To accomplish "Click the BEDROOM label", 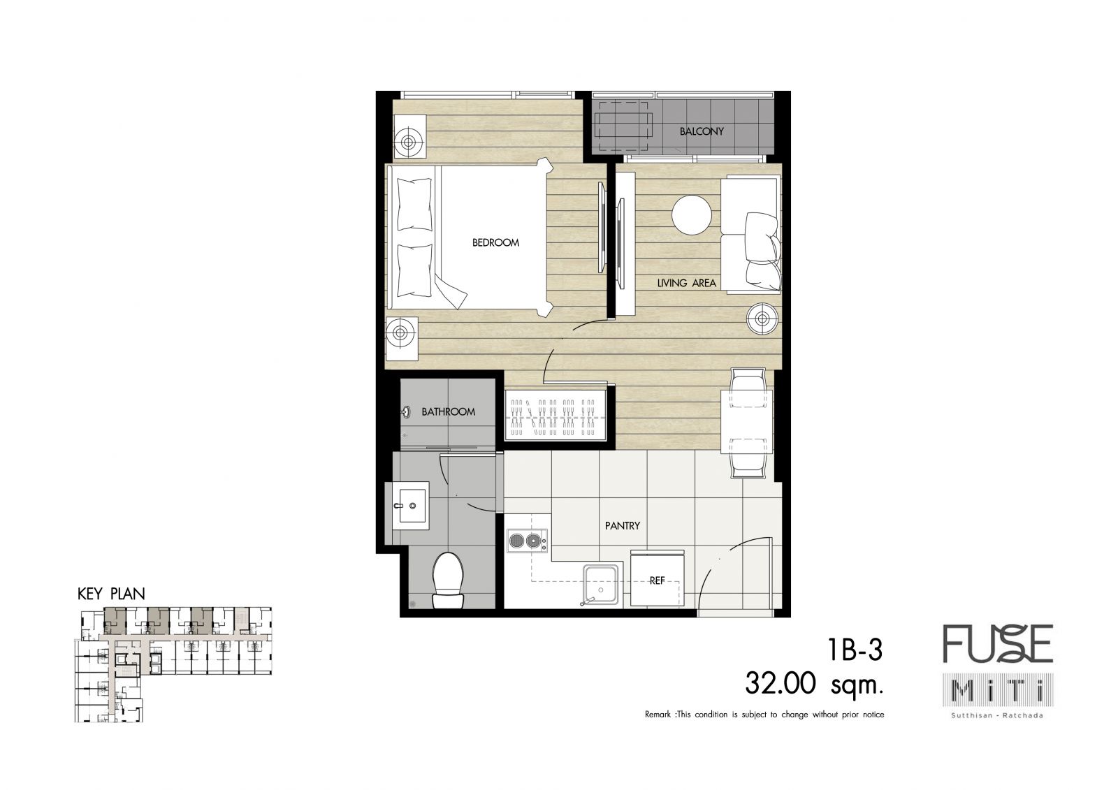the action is coord(495,242).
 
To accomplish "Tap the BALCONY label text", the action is coord(702,131).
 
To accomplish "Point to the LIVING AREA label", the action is coord(686,283).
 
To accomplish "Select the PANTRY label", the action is coord(623,525).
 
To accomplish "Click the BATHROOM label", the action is coord(448,411).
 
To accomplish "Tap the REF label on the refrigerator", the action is coord(657,580).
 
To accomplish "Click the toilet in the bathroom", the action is coord(448,580).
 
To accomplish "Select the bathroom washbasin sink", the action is coord(410,505).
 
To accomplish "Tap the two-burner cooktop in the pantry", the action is coord(527,541).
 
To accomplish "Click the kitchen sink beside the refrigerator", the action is coord(601,584).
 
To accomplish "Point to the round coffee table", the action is coord(691,214).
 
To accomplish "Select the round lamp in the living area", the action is coord(762,319).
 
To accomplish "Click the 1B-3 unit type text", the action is coord(855,650).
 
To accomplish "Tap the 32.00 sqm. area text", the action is coord(814,684).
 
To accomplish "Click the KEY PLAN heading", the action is coord(111,594).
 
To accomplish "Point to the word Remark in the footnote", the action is coord(658,715).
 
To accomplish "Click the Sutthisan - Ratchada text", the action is coord(998,715).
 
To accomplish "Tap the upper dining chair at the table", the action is coord(747,388).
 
